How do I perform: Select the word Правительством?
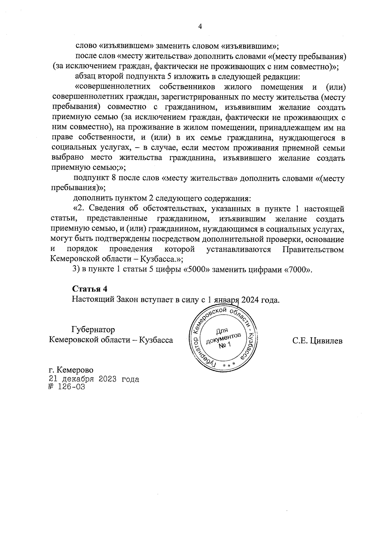click(313, 249)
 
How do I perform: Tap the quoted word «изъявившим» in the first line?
click(250, 46)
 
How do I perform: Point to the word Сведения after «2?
click(112, 208)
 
